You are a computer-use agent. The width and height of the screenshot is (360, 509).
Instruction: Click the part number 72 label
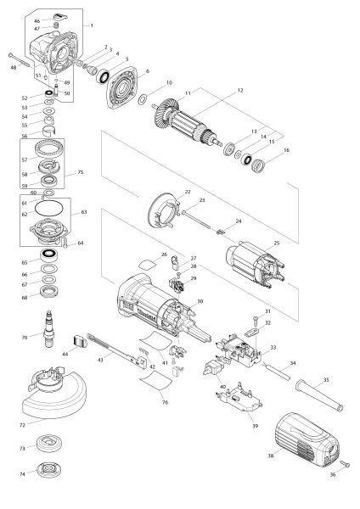click(22, 425)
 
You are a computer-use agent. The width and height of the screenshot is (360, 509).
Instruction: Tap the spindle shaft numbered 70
click(48, 328)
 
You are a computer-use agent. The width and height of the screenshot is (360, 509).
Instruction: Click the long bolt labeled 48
click(20, 60)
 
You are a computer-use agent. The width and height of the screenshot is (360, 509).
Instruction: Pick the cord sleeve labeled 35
click(319, 394)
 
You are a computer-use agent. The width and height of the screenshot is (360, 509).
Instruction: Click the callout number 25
click(277, 243)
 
